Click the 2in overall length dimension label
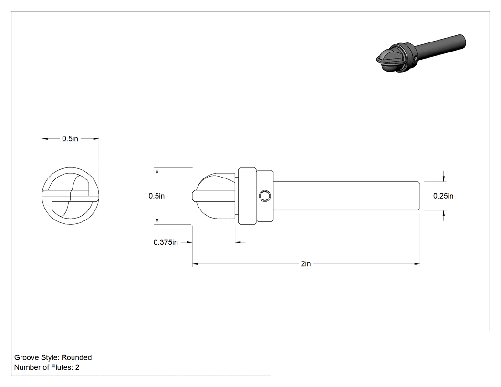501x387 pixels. point(305,264)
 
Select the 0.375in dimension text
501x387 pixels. point(166,242)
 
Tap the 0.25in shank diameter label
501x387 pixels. point(443,196)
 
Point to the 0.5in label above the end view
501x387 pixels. point(70,139)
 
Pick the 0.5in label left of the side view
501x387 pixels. point(157,196)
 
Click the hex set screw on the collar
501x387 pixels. point(265,196)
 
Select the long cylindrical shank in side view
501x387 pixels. point(347,196)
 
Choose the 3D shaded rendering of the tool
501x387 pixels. point(421,53)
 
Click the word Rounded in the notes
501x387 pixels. point(76,357)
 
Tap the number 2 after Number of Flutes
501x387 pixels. point(77,367)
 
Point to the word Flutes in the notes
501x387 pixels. point(62,367)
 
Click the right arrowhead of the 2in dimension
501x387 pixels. point(417,264)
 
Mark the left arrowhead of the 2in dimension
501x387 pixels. point(195,264)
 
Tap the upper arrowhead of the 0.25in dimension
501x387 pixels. point(443,178)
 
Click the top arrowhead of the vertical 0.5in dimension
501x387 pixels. point(157,170)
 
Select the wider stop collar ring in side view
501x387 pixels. point(247,196)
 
